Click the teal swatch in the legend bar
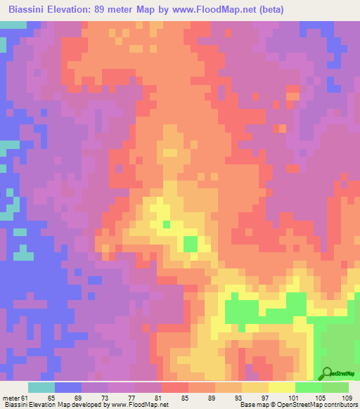point(41,387)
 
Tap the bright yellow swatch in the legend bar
point(281,387)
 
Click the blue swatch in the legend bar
point(68,387)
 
